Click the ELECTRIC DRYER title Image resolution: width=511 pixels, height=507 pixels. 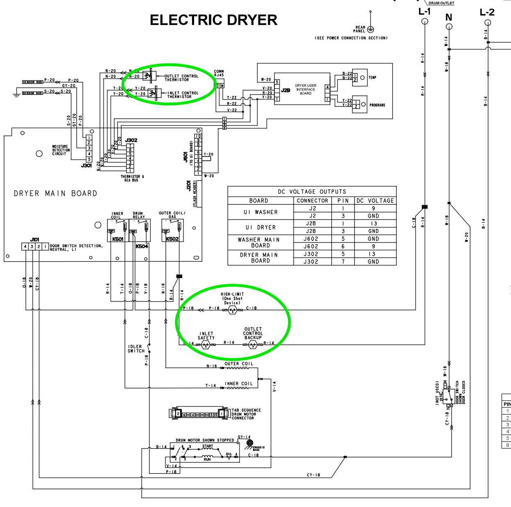pyautogui.click(x=213, y=20)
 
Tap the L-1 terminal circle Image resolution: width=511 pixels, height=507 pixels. pyautogui.click(x=425, y=21)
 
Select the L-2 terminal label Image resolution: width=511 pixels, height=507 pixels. pyautogui.click(x=487, y=12)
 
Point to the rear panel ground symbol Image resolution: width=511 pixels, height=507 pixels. pyautogui.click(x=371, y=29)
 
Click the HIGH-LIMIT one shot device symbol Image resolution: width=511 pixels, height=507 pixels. pyautogui.click(x=232, y=310)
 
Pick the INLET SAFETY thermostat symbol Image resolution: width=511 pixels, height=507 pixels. pyautogui.click(x=206, y=345)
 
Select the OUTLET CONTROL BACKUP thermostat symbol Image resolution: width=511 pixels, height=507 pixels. pyautogui.click(x=253, y=344)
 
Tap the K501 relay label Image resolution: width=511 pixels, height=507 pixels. pyautogui.click(x=118, y=239)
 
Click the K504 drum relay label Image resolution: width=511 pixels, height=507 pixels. pyautogui.click(x=142, y=247)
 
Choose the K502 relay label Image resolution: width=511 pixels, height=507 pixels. pyautogui.click(x=172, y=239)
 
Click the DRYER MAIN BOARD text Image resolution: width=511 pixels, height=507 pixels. pyautogui.click(x=56, y=193)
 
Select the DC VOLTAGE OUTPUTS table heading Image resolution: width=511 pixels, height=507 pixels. pyautogui.click(x=312, y=192)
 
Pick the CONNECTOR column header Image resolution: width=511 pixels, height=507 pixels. pyautogui.click(x=312, y=201)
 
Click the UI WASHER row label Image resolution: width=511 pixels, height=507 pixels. pyautogui.click(x=261, y=212)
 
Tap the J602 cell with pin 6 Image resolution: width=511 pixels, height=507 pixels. pyautogui.click(x=311, y=247)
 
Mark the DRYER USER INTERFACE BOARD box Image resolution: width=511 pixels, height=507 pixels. pyautogui.click(x=305, y=90)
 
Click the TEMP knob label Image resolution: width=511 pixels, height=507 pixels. pyautogui.click(x=372, y=77)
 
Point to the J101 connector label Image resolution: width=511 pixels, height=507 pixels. pyautogui.click(x=35, y=240)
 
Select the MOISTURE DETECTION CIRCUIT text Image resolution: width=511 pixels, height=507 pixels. pyautogui.click(x=61, y=150)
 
